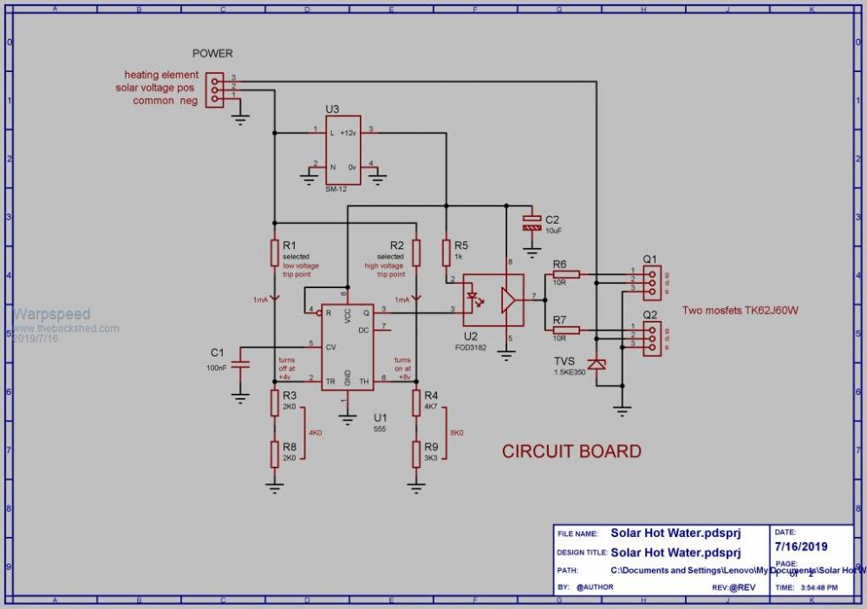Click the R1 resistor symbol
click(275, 252)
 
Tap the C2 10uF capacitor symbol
click(531, 222)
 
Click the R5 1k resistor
click(447, 252)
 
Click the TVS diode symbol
click(596, 363)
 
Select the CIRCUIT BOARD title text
click(572, 451)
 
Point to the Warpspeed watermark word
click(51, 314)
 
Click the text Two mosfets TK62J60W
click(739, 310)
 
